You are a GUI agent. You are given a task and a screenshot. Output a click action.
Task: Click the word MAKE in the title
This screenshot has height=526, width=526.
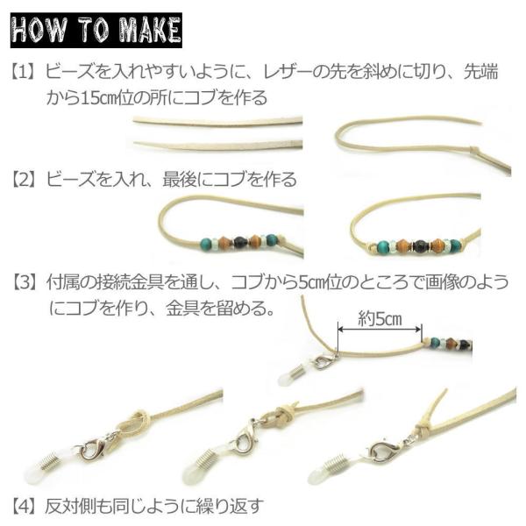150,30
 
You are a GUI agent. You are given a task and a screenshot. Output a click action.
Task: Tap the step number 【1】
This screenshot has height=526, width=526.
23,73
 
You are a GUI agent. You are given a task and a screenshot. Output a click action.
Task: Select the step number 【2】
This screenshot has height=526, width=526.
23,179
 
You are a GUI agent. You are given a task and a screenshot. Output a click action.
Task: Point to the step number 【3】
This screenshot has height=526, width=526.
24,282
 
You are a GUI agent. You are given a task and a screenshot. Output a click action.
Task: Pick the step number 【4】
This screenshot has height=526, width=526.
23,506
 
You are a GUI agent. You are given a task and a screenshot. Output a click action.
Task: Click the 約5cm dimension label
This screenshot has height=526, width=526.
380,318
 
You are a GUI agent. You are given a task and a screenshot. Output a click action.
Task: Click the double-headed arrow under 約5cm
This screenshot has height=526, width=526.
380,330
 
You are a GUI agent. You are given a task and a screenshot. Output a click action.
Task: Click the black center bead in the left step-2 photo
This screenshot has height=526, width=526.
239,242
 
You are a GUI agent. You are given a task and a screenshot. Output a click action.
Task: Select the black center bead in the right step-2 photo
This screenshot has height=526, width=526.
419,245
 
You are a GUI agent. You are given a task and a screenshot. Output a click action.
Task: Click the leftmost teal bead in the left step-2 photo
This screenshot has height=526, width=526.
205,243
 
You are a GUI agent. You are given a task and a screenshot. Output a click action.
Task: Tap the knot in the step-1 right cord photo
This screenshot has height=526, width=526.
473,150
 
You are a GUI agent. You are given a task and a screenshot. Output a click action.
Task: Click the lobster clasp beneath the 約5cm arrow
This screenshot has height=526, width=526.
321,363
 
